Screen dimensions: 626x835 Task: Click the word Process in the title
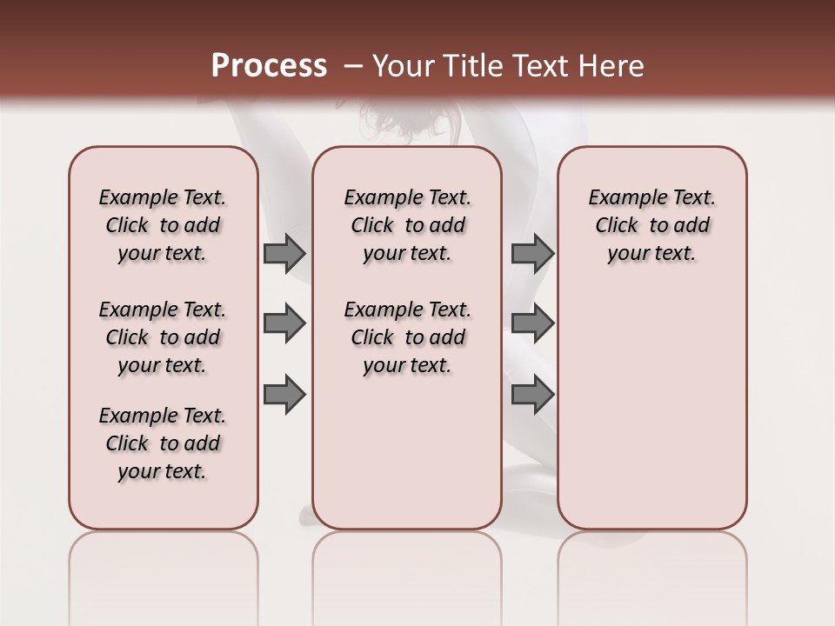pyautogui.click(x=269, y=66)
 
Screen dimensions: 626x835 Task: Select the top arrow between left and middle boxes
pyautogui.click(x=284, y=253)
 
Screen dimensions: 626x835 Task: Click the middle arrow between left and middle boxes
pyautogui.click(x=284, y=323)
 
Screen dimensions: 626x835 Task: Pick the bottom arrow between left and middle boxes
pyautogui.click(x=284, y=394)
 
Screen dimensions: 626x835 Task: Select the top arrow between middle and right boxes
pyautogui.click(x=532, y=253)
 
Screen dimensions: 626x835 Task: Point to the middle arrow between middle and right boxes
pyautogui.click(x=532, y=323)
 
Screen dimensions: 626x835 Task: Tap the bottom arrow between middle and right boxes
pyautogui.click(x=532, y=394)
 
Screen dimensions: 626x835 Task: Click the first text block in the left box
pyautogui.click(x=163, y=225)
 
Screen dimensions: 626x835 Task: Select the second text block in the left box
pyautogui.click(x=163, y=337)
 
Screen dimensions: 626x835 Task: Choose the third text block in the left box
pyautogui.click(x=163, y=443)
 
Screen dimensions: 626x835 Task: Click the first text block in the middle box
pyautogui.click(x=407, y=225)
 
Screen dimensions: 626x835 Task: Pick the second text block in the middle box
pyautogui.click(x=407, y=337)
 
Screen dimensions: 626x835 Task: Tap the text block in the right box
pyautogui.click(x=651, y=225)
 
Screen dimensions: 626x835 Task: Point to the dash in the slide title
pyautogui.click(x=353, y=66)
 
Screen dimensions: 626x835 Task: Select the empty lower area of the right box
pyautogui.click(x=651, y=409)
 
